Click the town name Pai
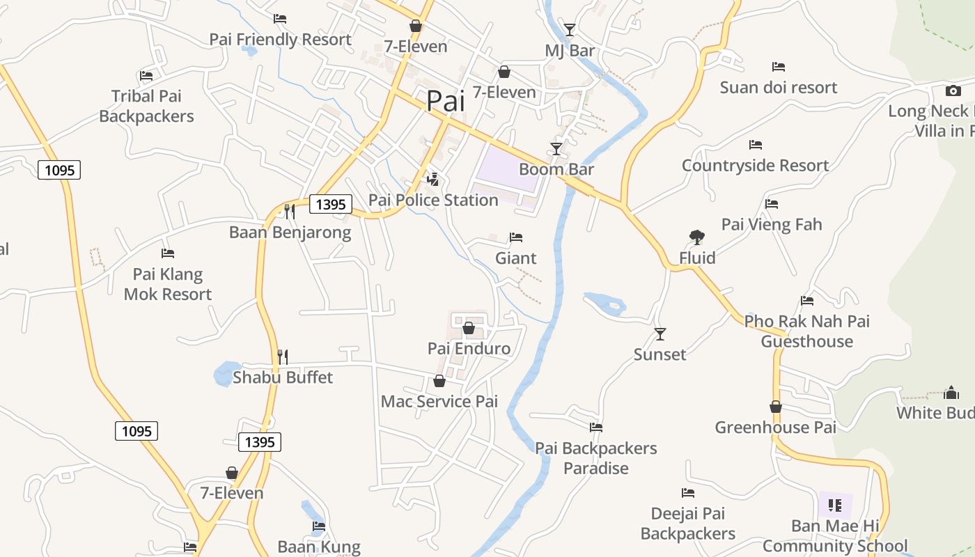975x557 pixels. (445, 101)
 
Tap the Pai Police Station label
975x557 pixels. (433, 201)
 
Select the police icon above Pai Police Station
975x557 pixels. (433, 180)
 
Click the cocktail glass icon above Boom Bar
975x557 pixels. (556, 149)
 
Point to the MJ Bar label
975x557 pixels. (570, 51)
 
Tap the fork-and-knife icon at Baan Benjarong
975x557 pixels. (290, 211)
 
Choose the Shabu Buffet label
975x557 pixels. (283, 377)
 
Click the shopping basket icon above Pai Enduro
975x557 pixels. (469, 328)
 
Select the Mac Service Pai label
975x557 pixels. (439, 402)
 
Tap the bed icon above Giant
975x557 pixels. (516, 237)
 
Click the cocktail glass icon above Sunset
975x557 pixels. (660, 334)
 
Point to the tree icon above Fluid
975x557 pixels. (697, 237)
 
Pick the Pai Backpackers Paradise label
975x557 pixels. (596, 458)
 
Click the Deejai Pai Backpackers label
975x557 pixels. (688, 524)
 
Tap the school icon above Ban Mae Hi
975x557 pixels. (835, 505)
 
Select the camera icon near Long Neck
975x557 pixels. (953, 91)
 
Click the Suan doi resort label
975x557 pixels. (779, 88)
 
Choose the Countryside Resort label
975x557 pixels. (756, 166)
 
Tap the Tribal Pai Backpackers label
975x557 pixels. (146, 106)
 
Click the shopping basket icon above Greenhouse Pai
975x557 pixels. (776, 407)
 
